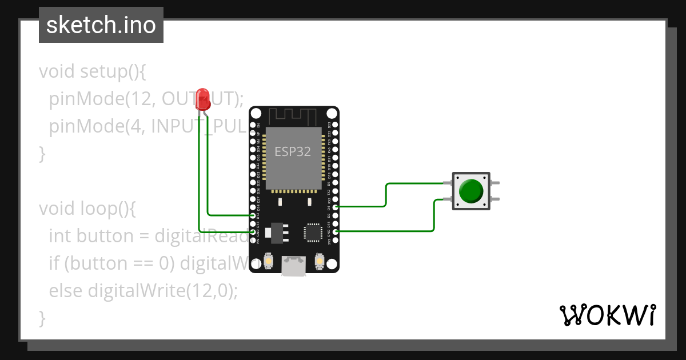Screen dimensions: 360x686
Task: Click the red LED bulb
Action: click(202, 99)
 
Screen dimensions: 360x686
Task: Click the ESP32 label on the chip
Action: click(293, 151)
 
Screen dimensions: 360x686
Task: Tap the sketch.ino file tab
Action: click(101, 25)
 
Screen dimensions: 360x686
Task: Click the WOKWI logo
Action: click(607, 315)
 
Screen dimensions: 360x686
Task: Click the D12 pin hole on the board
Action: click(253, 215)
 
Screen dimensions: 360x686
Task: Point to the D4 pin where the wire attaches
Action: click(336, 207)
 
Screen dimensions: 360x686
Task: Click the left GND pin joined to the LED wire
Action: click(253, 232)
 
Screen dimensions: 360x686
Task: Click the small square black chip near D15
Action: click(313, 231)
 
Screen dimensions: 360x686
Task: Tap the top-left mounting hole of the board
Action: click(256, 113)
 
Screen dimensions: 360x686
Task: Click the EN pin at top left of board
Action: click(253, 125)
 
